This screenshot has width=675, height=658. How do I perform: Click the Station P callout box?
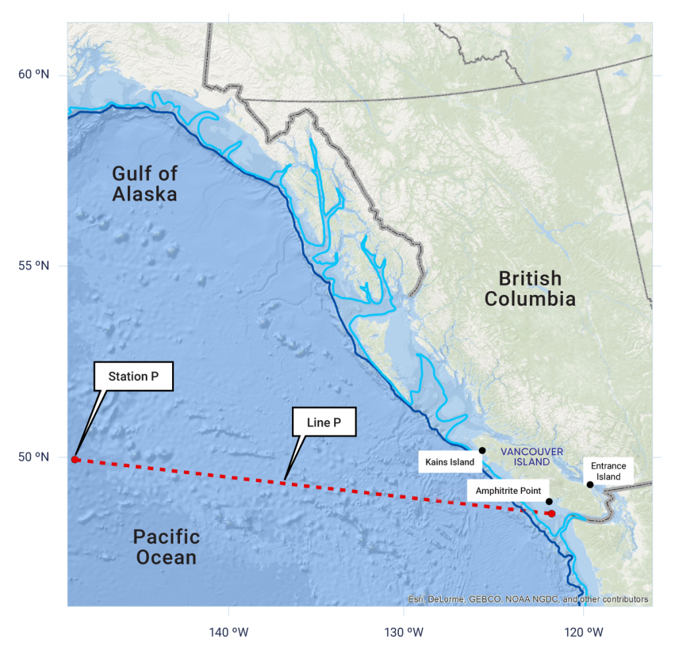pyautogui.click(x=133, y=377)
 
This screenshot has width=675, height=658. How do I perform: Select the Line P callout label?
pyautogui.click(x=324, y=422)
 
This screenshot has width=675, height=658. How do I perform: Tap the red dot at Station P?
pyautogui.click(x=75, y=460)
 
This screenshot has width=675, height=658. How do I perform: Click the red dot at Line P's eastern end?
pyautogui.click(x=552, y=513)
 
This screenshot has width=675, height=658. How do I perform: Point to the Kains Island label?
pyautogui.click(x=450, y=462)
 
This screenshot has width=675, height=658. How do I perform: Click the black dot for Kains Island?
pyautogui.click(x=482, y=451)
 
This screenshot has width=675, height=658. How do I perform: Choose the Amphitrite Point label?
pyautogui.click(x=508, y=491)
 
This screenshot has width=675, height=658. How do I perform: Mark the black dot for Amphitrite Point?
pyautogui.click(x=549, y=501)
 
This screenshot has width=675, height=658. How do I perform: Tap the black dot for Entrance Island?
pyautogui.click(x=590, y=485)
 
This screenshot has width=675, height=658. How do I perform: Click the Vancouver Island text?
pyautogui.click(x=531, y=456)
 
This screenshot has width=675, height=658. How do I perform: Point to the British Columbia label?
pyautogui.click(x=530, y=288)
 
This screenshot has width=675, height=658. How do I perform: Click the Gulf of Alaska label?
pyautogui.click(x=144, y=184)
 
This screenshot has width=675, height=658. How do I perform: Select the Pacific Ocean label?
pyautogui.click(x=166, y=547)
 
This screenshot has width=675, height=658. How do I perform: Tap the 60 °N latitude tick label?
pyautogui.click(x=34, y=74)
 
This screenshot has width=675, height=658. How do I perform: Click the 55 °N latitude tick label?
pyautogui.click(x=34, y=265)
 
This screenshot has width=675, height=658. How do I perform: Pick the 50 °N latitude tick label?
pyautogui.click(x=34, y=457)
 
